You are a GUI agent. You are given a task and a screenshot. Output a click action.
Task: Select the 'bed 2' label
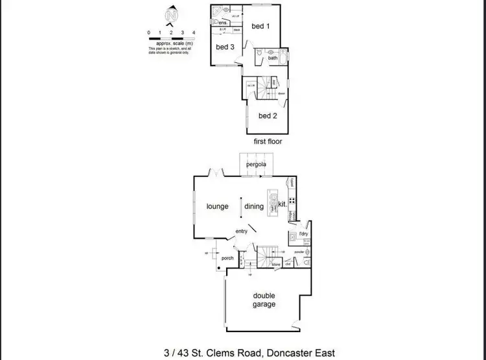pyautogui.click(x=268, y=116)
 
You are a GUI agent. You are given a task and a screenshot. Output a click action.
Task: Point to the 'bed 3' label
pyautogui.click(x=224, y=47)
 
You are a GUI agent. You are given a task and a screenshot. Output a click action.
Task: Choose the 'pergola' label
pyautogui.click(x=256, y=165)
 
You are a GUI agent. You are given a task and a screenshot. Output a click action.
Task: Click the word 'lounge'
pyautogui.click(x=218, y=207)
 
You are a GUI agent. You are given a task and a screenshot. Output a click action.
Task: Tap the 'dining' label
pyautogui.click(x=254, y=207)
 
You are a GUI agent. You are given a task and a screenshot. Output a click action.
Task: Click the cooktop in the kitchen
pyautogui.click(x=293, y=201)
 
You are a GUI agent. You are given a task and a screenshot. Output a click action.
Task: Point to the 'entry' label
pyautogui.click(x=242, y=232)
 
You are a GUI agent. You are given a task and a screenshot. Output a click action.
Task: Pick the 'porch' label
pyautogui.click(x=227, y=258)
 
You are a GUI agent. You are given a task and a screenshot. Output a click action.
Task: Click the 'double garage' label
pyautogui.click(x=264, y=299)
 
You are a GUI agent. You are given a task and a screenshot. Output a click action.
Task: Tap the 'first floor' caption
pyautogui.click(x=268, y=141)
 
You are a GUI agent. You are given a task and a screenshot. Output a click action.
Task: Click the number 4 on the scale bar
pyautogui.click(x=194, y=32)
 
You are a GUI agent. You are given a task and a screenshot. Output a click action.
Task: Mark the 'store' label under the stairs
pyautogui.click(x=275, y=265)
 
